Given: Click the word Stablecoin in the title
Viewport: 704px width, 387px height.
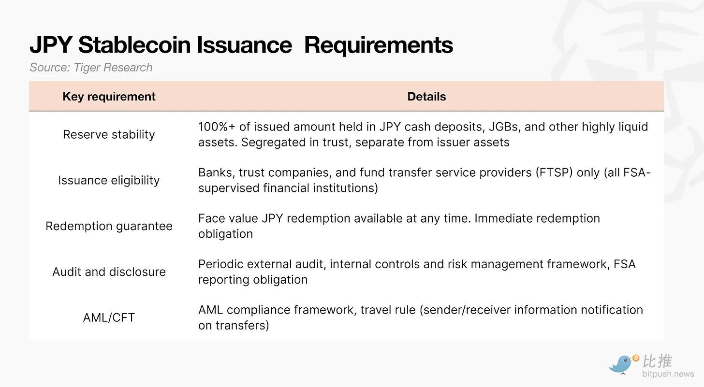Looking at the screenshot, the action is point(134,44).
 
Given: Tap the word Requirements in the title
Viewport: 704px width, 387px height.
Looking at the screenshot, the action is point(379,45).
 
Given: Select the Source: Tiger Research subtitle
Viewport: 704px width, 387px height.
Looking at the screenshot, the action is point(91,67).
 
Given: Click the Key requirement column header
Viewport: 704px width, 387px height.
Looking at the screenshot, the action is point(109,97).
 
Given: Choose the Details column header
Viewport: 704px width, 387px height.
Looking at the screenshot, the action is point(426,97).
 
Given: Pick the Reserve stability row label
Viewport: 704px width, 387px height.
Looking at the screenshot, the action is point(109,134).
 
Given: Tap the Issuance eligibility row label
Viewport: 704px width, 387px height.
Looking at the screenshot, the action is point(109,180).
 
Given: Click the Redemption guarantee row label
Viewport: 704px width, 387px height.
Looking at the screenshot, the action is point(109,226).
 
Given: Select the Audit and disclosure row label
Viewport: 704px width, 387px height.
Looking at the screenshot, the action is point(109,272).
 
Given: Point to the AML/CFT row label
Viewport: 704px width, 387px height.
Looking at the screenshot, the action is point(109,317).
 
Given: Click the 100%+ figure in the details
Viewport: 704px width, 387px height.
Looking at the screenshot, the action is point(217,127).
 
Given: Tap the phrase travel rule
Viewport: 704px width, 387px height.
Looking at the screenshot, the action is point(388,310).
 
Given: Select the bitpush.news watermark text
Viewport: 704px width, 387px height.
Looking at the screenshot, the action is point(668,374).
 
